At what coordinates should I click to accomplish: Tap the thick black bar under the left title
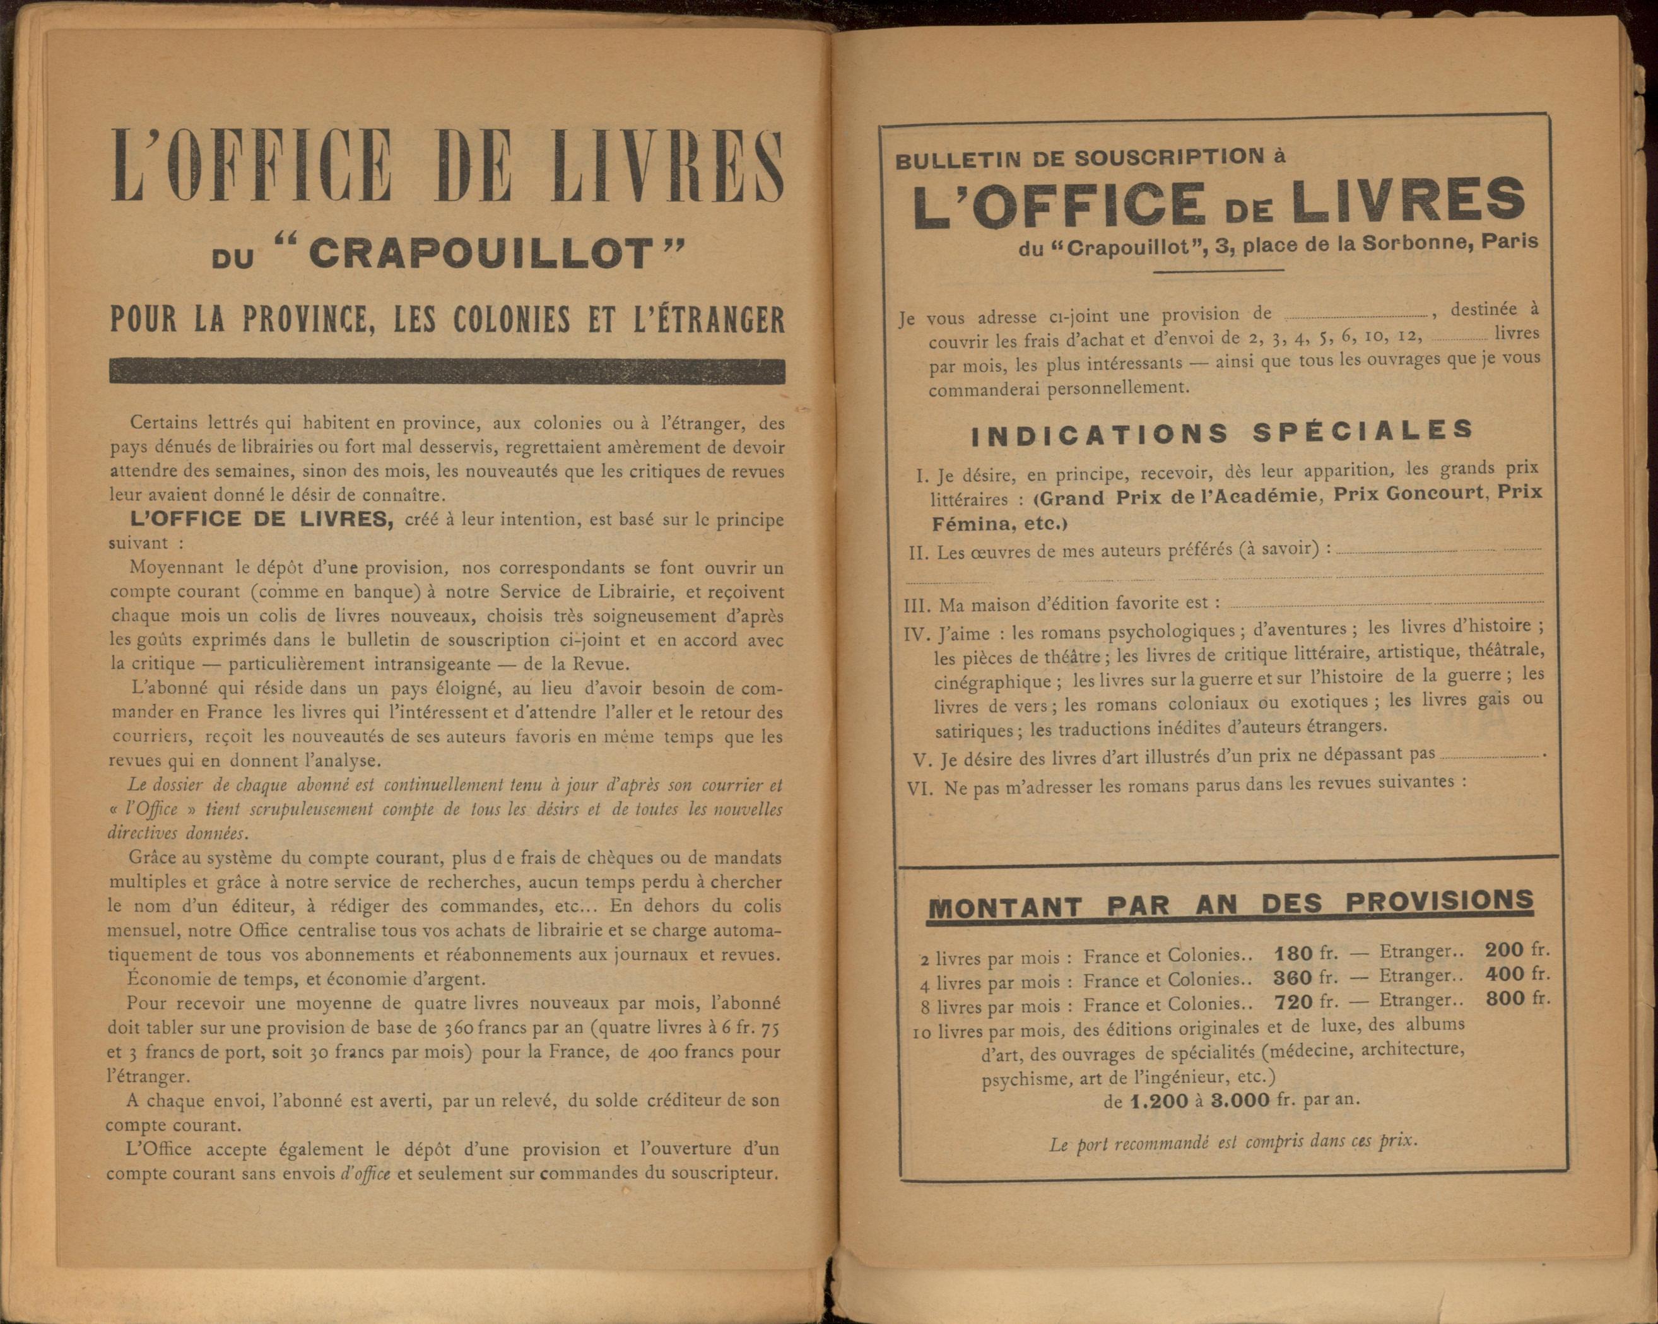point(447,372)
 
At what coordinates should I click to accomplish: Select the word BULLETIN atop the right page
point(948,161)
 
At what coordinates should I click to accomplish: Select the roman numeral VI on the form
point(920,789)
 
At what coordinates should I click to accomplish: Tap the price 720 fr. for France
point(1306,1002)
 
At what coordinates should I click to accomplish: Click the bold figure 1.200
point(1160,1102)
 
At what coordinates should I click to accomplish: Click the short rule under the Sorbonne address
point(1218,270)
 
